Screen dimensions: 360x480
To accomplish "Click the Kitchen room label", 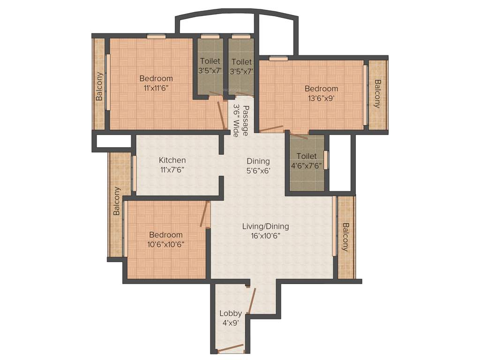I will coord(172,160).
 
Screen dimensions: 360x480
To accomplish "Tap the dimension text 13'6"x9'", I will coord(321,98).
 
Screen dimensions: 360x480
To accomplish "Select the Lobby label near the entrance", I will coord(231,313).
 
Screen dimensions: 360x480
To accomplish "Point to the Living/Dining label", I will coord(265,226).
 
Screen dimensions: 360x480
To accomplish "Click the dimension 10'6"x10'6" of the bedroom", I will coord(166,244).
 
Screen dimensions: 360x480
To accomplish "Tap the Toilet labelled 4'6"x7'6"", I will coord(307,156).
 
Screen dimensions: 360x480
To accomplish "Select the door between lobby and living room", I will coord(252,300).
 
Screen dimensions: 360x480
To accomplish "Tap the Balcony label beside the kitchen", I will coord(117,201).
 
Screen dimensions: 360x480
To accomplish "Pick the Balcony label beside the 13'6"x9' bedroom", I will coord(377,94).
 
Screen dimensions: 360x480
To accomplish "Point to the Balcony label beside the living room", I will coord(345,237).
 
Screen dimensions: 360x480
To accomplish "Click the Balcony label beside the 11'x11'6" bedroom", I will coord(99,86).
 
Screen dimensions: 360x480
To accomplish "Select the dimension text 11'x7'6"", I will coord(172,170).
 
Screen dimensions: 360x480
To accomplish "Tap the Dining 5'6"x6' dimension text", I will coord(258,171).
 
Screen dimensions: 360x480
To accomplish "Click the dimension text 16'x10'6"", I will coord(265,236).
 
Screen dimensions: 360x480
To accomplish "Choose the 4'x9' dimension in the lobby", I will coord(231,322).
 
